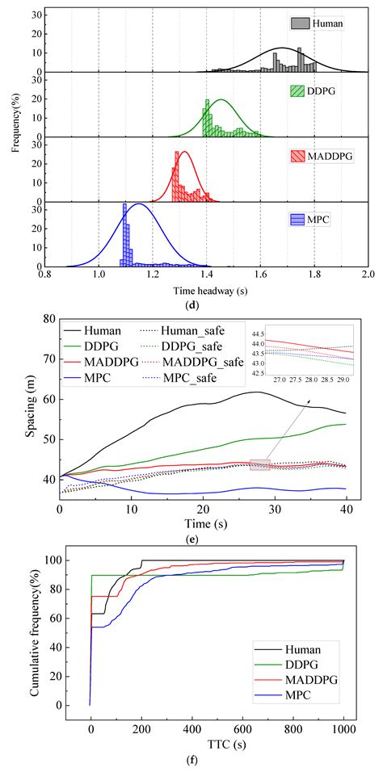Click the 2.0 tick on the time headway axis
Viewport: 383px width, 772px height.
pos(368,274)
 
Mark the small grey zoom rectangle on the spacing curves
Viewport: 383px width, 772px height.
pos(259,464)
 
